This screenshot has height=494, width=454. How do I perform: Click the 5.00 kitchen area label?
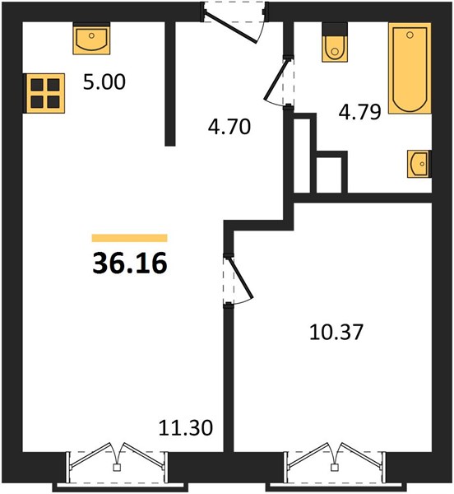(104, 82)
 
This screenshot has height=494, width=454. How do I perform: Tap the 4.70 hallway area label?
(229, 127)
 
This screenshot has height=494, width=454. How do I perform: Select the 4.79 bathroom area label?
(359, 112)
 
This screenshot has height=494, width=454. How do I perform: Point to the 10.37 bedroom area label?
(336, 333)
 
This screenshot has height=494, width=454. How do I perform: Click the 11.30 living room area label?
(186, 428)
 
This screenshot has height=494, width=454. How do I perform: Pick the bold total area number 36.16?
(130, 263)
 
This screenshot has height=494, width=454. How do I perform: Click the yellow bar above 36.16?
(129, 238)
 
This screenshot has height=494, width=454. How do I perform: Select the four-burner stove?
(45, 93)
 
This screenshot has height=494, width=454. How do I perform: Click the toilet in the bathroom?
(335, 43)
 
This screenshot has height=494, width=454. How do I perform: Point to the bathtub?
(410, 68)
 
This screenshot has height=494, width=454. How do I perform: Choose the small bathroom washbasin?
(419, 164)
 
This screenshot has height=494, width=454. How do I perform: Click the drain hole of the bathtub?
(410, 35)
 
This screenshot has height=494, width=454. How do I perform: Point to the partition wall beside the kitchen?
(170, 84)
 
